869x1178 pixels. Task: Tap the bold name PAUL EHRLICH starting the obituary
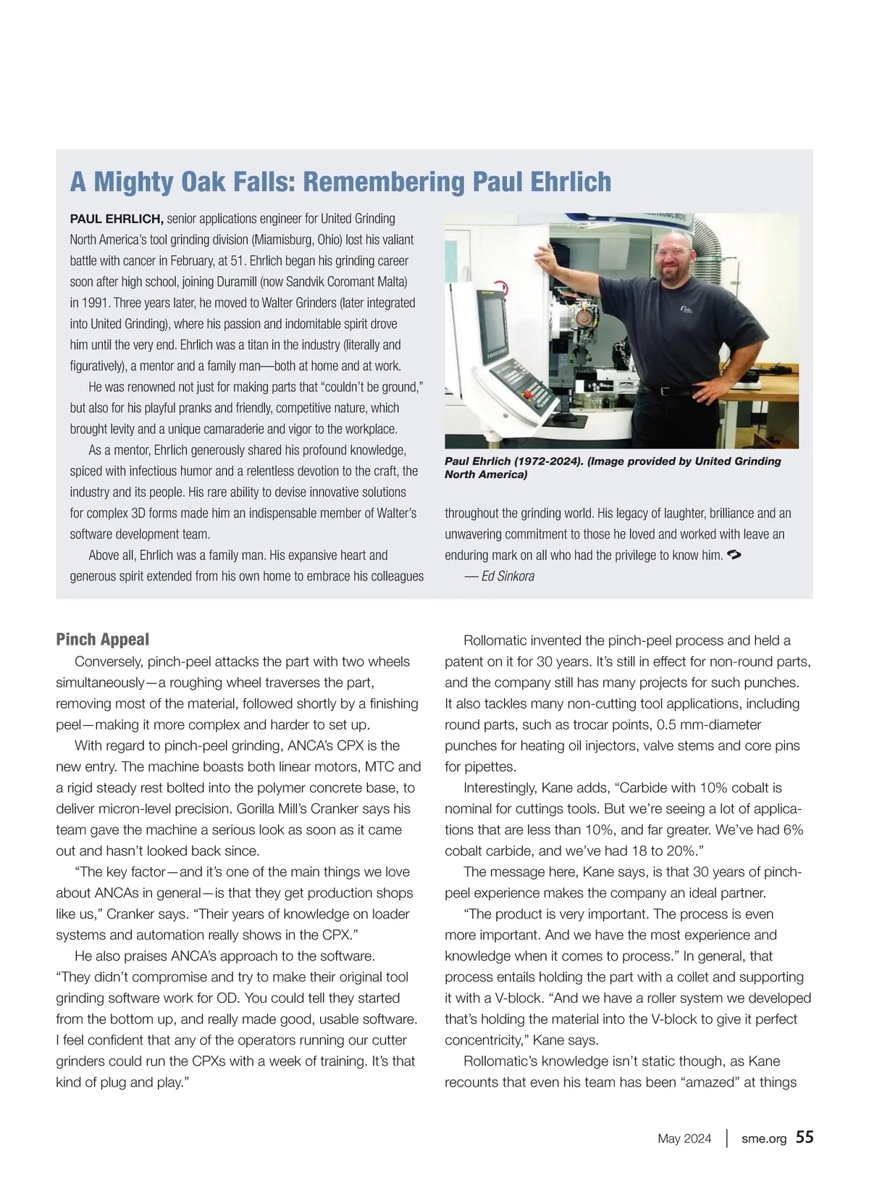click(x=116, y=219)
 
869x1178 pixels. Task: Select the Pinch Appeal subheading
click(x=102, y=639)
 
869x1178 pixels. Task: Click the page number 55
click(x=805, y=1137)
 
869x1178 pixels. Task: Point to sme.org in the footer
click(x=763, y=1139)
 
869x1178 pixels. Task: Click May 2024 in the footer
click(x=684, y=1139)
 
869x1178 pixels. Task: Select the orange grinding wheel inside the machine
click(x=582, y=316)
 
